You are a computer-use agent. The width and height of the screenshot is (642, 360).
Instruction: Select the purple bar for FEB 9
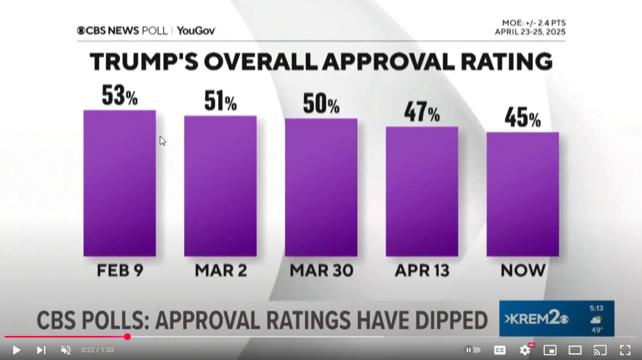click(120, 183)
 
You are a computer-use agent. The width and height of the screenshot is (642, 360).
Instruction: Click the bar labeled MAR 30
click(321, 187)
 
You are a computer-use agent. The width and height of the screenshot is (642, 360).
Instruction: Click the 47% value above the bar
click(421, 113)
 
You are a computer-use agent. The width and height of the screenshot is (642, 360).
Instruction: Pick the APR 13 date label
click(421, 270)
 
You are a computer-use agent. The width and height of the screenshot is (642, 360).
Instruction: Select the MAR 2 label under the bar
click(220, 270)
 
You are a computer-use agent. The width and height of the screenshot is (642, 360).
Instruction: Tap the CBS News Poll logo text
click(122, 31)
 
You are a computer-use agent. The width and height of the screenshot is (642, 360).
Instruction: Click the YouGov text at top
click(196, 31)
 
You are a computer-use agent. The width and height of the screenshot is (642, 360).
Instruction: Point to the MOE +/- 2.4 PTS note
click(533, 23)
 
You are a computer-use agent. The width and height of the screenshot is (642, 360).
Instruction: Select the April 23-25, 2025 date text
click(530, 32)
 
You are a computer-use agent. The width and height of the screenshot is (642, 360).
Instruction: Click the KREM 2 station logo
click(536, 319)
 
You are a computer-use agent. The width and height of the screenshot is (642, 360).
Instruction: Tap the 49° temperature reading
click(596, 330)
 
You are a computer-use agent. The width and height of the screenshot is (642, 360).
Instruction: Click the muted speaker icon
click(65, 350)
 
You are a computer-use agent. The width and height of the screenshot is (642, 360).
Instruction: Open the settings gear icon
click(525, 350)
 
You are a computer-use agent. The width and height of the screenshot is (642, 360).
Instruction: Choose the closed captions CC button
click(499, 350)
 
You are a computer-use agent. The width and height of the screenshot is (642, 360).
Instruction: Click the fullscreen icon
click(625, 350)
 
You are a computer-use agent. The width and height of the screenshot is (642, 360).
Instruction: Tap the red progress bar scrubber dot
click(127, 336)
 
